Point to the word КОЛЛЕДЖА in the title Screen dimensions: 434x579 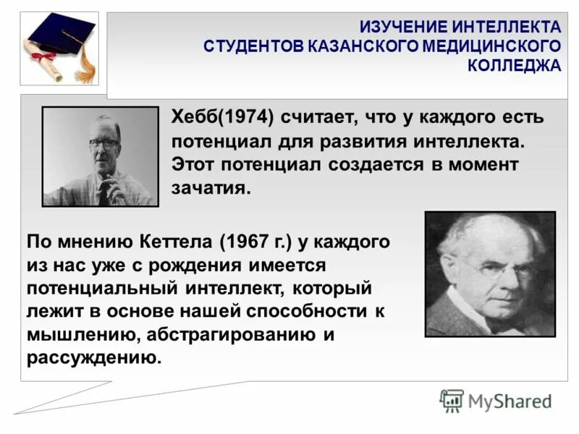tap(514, 65)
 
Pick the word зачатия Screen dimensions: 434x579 tap(210, 189)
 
